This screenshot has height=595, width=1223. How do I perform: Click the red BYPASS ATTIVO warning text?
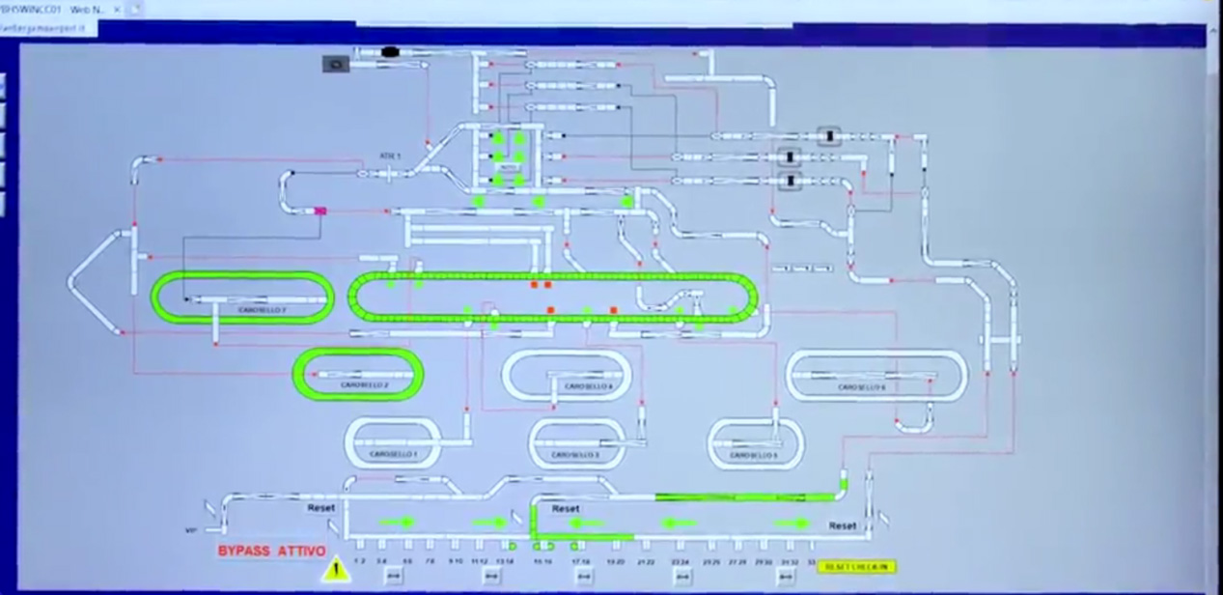coord(271,551)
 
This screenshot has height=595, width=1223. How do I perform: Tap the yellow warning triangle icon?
coord(336,570)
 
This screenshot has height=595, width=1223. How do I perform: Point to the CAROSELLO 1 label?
coord(393,453)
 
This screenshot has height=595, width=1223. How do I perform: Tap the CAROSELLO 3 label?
coord(577,454)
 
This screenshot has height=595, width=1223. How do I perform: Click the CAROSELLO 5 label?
coord(754,455)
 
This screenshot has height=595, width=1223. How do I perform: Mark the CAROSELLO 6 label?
coord(862,387)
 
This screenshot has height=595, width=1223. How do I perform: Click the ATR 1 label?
coord(389,156)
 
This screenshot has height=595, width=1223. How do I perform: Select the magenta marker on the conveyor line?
coord(320,210)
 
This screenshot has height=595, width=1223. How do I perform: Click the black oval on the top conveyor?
coord(390,52)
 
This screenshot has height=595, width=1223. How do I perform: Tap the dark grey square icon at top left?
coord(335,64)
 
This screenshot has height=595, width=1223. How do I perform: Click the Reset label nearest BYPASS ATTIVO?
coord(321,507)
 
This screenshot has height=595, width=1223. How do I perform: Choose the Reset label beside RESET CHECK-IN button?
coord(843,526)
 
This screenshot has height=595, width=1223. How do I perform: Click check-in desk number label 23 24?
coord(681,560)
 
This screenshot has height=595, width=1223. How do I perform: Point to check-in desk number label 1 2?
coord(360,560)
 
